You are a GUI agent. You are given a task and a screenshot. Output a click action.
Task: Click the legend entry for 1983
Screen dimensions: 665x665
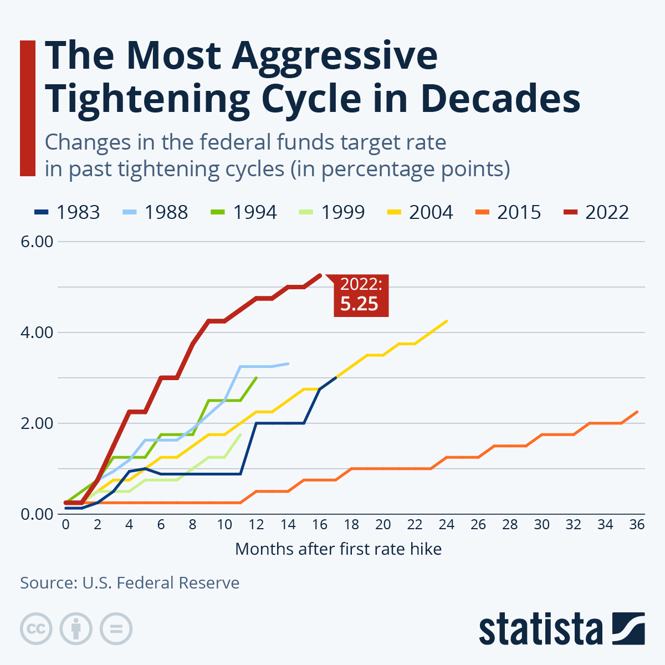click(67, 212)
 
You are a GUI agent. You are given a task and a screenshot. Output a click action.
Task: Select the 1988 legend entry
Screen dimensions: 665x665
click(155, 212)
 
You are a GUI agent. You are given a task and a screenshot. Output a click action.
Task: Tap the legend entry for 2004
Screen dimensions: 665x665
click(420, 212)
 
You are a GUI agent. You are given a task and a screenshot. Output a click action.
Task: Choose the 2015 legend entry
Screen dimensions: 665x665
click(508, 212)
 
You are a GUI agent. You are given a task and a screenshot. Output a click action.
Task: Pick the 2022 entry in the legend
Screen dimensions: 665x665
click(596, 212)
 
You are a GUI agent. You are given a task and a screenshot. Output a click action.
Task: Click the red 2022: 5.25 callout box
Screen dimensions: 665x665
click(361, 295)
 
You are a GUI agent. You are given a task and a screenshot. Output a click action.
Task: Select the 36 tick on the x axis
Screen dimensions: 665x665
click(637, 524)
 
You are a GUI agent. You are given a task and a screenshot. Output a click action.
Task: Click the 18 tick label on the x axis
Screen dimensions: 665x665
click(351, 524)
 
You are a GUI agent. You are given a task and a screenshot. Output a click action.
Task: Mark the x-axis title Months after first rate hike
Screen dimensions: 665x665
click(338, 549)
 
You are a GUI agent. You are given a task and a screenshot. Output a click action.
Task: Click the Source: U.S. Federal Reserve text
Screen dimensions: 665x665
click(130, 583)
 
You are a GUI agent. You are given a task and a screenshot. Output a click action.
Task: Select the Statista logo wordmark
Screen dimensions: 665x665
click(541, 630)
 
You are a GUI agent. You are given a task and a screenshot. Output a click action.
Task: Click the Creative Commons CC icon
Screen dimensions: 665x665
click(36, 629)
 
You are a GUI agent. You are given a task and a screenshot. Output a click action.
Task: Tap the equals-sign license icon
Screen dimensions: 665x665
click(116, 629)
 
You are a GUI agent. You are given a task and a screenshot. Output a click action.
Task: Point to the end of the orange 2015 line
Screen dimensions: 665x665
click(637, 412)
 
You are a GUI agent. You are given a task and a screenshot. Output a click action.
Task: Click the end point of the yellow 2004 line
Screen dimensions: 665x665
click(447, 321)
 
